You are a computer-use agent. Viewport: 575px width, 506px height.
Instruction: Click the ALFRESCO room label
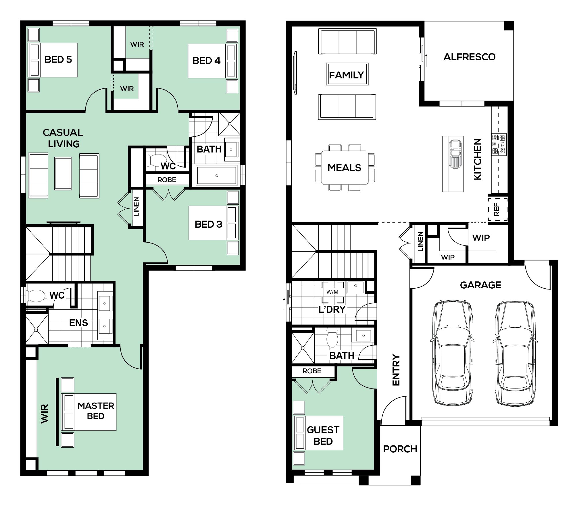(x=469, y=57)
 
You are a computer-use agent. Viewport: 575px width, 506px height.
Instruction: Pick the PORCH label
(x=400, y=449)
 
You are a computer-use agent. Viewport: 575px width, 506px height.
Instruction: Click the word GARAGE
(x=480, y=285)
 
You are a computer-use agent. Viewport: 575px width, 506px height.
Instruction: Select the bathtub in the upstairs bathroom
(x=217, y=175)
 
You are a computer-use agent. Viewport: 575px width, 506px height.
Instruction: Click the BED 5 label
(x=58, y=59)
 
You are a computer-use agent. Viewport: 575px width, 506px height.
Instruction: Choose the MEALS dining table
(x=345, y=167)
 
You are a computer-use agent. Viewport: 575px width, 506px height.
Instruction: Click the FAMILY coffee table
(x=347, y=74)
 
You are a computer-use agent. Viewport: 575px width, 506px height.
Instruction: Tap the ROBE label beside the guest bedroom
(x=312, y=371)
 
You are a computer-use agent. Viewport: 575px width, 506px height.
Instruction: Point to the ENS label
(x=78, y=323)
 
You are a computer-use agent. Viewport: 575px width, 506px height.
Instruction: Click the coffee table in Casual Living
(x=63, y=173)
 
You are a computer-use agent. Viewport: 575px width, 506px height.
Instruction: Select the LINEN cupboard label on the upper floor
(x=136, y=206)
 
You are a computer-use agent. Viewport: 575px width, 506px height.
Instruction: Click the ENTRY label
(x=396, y=370)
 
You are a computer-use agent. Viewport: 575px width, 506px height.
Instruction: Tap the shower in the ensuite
(x=37, y=329)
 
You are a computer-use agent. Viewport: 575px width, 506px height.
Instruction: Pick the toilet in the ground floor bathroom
(x=332, y=337)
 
